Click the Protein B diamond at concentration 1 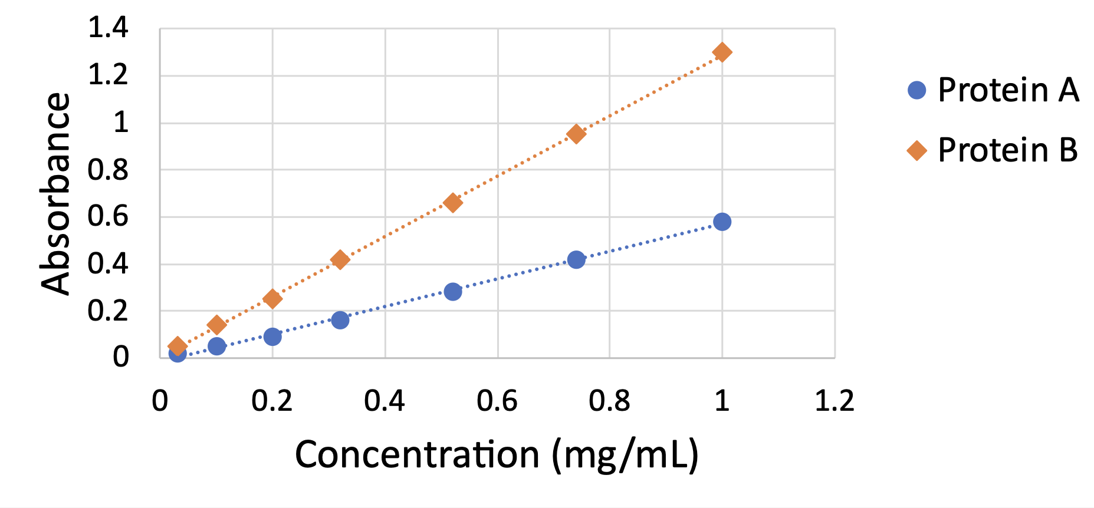coord(722,52)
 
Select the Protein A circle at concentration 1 coord(722,222)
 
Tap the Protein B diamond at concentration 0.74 coord(576,134)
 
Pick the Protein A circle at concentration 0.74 coord(576,259)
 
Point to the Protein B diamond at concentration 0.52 coord(452,203)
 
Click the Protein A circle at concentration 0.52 coord(452,291)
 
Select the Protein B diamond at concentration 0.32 coord(340,259)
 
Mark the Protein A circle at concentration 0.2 coord(272,337)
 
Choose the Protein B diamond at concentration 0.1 coord(216,325)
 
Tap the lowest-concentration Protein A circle coord(177,353)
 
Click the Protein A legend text coord(1008,90)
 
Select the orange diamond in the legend coord(916,150)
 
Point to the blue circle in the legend coord(916,90)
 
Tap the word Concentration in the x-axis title coord(417,455)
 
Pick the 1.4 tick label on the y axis coord(108,28)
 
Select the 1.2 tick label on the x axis coord(834,401)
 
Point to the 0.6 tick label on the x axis coord(497,401)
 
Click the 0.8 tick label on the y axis coord(108,170)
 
